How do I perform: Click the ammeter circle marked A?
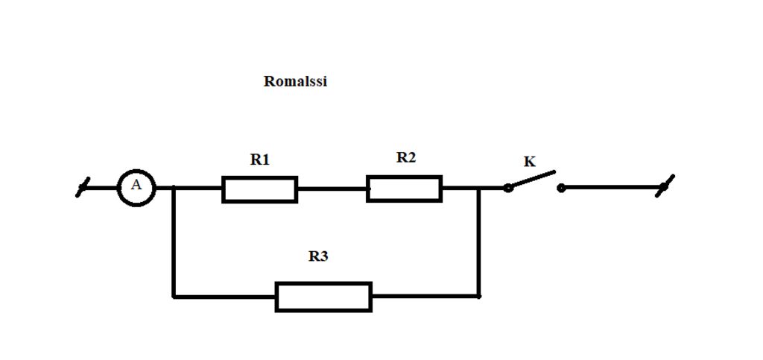pos(136,187)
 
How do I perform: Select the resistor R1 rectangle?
pos(260,189)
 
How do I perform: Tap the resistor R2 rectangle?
pos(404,189)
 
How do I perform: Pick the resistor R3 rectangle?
pos(323,297)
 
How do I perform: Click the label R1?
pos(260,159)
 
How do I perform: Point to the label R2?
pos(406,157)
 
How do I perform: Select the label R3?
pos(318,256)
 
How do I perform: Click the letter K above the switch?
pos(530,162)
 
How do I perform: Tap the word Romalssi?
pos(295,81)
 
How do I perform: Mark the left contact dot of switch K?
pos(508,188)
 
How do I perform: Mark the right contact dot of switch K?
pos(561,188)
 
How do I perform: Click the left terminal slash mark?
pos(83,187)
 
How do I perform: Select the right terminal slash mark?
pos(665,186)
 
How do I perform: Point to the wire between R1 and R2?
pos(332,189)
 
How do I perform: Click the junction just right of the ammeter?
pos(174,188)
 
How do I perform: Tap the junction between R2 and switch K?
pos(479,188)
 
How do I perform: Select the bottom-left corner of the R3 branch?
pos(174,296)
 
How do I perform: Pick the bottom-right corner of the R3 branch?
pos(479,296)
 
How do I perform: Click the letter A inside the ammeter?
pos(136,186)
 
